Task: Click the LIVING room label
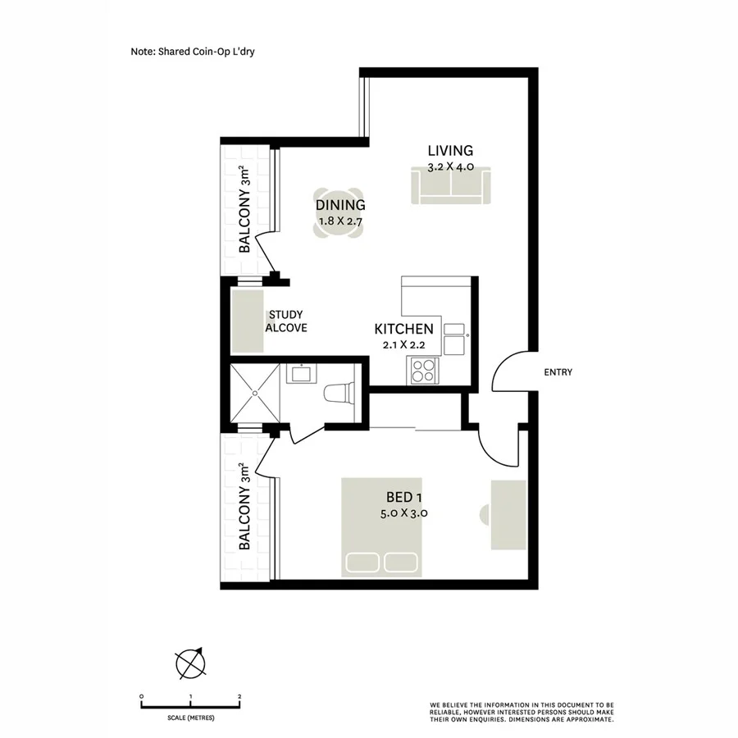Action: tap(450, 151)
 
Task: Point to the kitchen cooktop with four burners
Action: tap(423, 371)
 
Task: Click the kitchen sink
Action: tap(453, 335)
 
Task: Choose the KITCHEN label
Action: tap(403, 329)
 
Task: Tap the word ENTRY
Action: tap(558, 372)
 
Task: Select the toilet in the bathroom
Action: tap(338, 395)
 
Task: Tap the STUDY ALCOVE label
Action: tap(285, 321)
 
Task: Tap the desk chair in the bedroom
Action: tap(483, 515)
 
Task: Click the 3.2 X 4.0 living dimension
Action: tap(450, 167)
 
